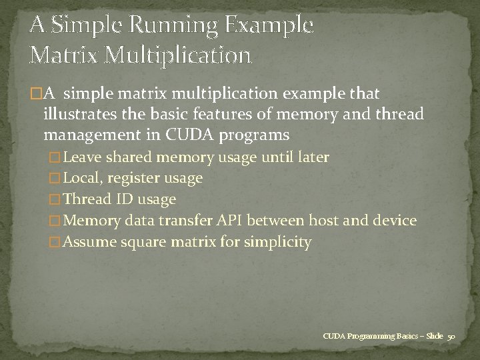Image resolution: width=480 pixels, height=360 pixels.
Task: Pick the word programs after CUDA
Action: coord(257,135)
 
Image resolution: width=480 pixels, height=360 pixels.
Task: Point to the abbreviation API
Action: coord(230,220)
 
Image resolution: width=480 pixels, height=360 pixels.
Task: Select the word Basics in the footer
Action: coord(396,336)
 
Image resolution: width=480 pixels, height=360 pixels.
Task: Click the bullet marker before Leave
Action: coord(55,158)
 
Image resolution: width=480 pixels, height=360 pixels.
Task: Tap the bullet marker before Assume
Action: coord(55,242)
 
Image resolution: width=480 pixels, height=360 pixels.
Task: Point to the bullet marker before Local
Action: coord(55,179)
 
